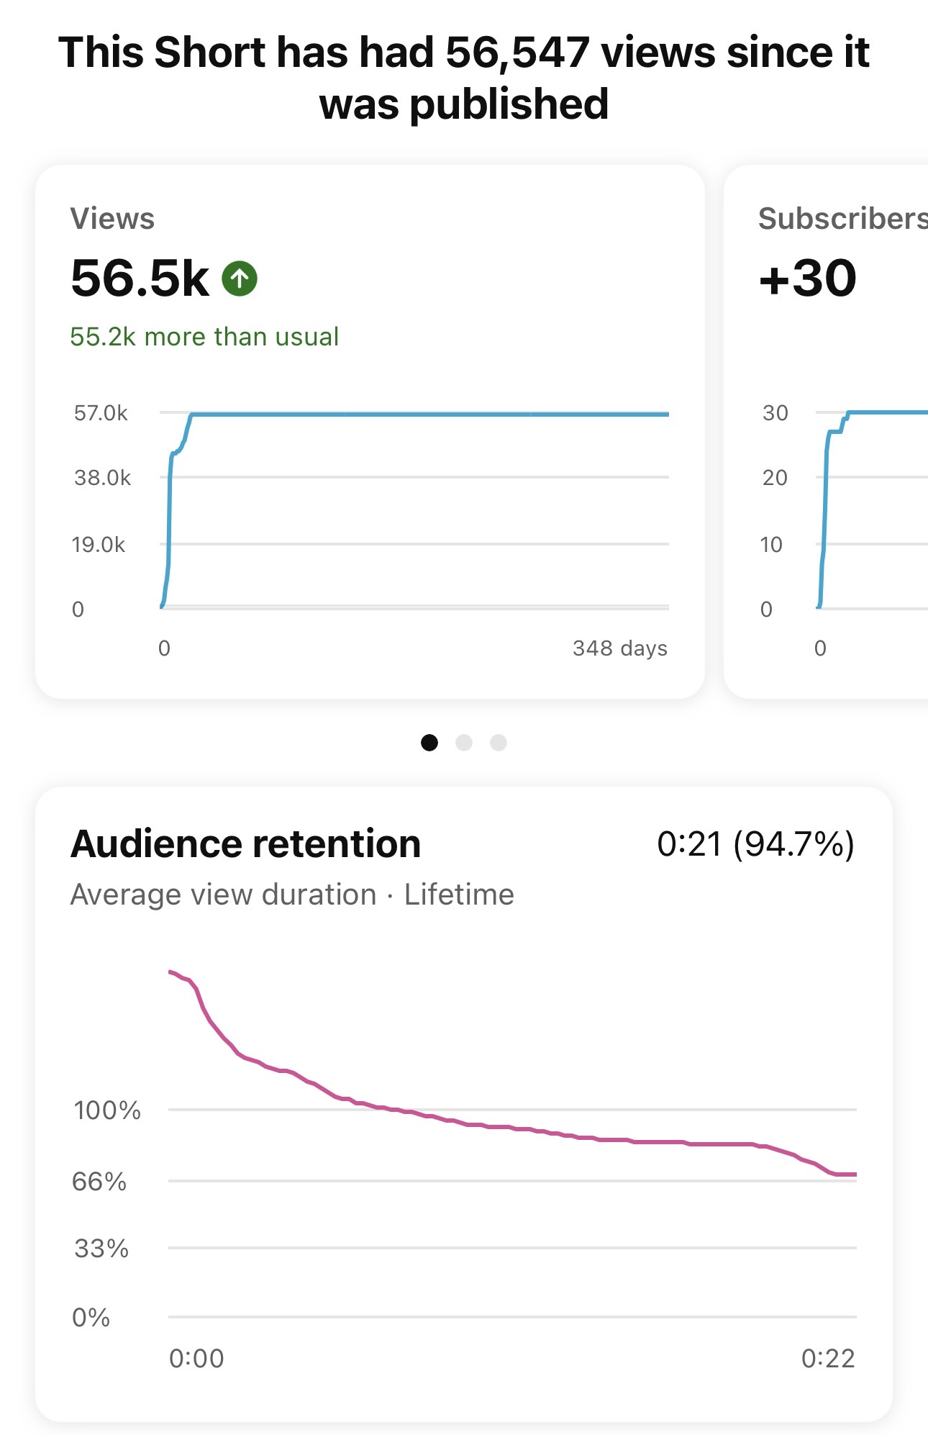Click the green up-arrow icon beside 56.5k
pos(240,279)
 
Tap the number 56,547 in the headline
pos(517,53)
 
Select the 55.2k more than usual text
pos(204,337)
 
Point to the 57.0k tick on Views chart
pos(101,413)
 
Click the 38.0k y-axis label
pos(102,478)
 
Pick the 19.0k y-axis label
pos(99,545)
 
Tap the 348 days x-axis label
pos(619,648)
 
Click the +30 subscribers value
pos(808,279)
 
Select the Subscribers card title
pos(842,219)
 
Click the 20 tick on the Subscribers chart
pos(775,478)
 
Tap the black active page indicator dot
pos(429,743)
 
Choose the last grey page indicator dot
pos(499,743)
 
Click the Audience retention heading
pos(246,844)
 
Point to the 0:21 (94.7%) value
pos(755,844)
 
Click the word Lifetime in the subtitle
pos(459,895)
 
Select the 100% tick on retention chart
pos(107,1110)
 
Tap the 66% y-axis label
pos(99,1182)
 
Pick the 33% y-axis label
pos(101,1249)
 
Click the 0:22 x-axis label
pos(828,1359)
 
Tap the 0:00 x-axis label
pos(196,1359)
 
